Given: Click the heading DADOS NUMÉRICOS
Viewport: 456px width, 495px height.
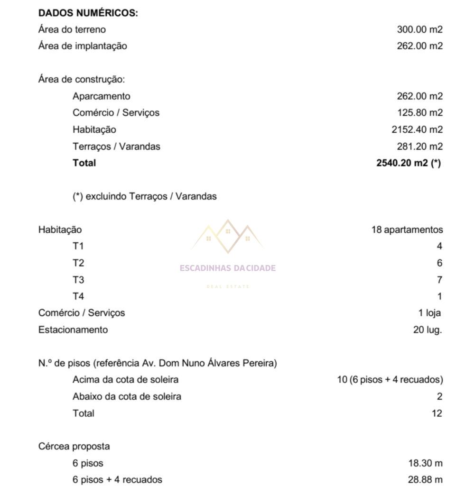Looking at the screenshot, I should coord(88,13).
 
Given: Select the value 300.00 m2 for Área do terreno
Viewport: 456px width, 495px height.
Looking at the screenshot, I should coord(419,29).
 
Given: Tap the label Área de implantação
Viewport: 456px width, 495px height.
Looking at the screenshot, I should coord(83,46).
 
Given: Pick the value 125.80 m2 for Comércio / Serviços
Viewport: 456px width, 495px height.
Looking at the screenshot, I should coord(419,113).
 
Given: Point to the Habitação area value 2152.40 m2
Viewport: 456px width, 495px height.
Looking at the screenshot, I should coord(417,129).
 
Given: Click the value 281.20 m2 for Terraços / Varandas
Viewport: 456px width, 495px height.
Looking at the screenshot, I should coord(419,146).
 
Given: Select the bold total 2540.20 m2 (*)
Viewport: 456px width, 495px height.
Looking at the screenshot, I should coord(408,163).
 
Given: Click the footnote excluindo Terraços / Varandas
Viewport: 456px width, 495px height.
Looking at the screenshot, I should coord(145,196).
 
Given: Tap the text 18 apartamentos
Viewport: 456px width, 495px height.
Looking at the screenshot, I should coord(407,230).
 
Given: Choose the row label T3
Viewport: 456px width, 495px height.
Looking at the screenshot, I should coord(78,280).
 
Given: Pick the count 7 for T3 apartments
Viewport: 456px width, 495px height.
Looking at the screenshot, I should coord(439,280).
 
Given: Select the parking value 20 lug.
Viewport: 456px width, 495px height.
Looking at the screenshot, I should coord(427,330).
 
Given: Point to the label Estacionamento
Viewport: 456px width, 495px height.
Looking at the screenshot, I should coord(73,330).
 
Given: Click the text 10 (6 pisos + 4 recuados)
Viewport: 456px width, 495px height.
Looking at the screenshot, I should coord(390,380).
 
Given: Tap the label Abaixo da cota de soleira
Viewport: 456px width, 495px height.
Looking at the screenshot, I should coord(127,396).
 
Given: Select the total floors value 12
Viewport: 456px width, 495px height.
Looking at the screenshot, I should coord(437,413).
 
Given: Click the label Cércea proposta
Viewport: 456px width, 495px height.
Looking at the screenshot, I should coord(74,446).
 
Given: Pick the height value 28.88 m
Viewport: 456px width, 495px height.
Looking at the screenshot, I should coord(425,479).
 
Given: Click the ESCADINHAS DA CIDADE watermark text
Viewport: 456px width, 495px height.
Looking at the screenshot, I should coord(228,268).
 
